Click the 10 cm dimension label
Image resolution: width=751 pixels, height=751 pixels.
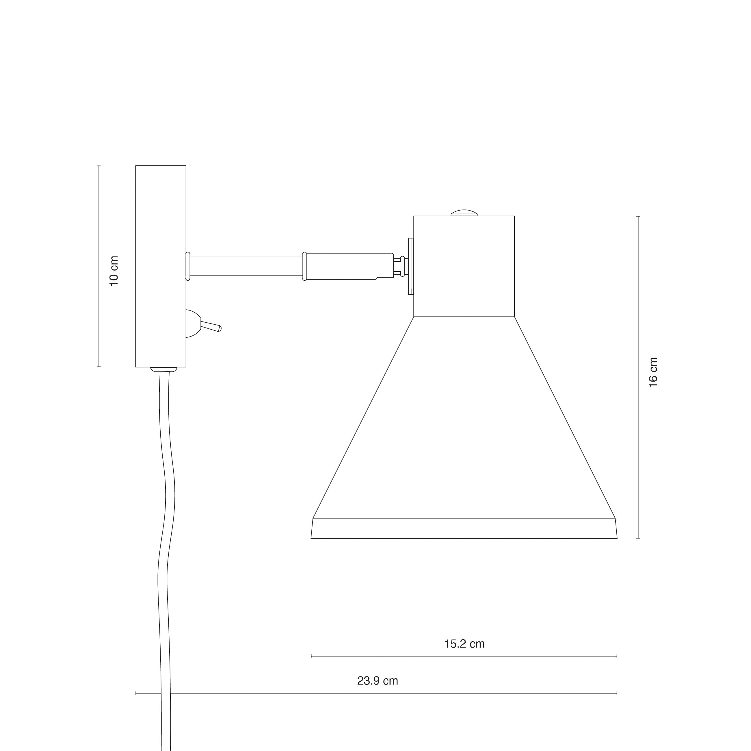[114, 271]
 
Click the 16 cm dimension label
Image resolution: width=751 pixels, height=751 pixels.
[653, 372]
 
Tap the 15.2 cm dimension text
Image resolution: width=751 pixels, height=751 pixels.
[464, 644]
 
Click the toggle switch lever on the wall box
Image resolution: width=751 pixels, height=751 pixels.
[211, 326]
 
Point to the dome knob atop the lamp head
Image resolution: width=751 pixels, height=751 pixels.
[464, 213]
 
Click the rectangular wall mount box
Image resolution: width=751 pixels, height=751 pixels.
[161, 266]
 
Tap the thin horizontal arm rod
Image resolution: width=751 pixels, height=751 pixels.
[246, 266]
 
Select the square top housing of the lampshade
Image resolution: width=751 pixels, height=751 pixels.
[464, 266]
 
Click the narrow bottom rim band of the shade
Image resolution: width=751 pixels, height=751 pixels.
[464, 528]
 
